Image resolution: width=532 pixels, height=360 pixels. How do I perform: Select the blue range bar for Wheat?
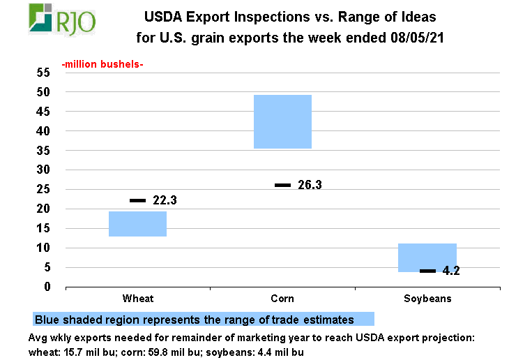click(137, 224)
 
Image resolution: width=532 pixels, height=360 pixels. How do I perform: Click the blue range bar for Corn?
click(282, 121)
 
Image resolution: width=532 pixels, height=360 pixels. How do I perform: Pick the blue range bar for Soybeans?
click(427, 257)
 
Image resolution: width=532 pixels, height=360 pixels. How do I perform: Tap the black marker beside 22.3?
click(137, 200)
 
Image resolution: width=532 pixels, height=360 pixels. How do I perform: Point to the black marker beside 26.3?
click(282, 185)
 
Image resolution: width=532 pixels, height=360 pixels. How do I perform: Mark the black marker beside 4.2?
click(427, 271)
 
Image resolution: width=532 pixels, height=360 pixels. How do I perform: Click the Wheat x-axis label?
click(137, 299)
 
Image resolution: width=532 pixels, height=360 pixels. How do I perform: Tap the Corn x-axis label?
click(282, 299)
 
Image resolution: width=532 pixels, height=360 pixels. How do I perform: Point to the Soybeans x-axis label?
click(427, 299)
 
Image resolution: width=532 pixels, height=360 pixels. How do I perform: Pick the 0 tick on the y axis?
click(47, 287)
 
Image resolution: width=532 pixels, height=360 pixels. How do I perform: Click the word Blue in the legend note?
click(47, 320)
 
